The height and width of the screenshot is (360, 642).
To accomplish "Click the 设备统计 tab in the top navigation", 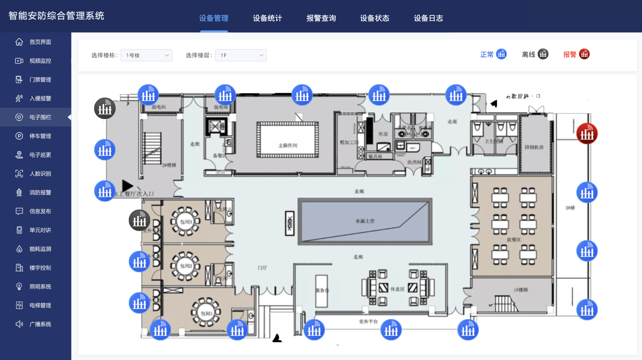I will tap(267, 18).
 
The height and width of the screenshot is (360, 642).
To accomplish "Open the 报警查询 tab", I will tap(321, 18).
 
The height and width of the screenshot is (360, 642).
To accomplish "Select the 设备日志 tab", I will tap(428, 18).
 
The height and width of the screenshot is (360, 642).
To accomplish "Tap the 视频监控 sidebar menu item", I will tap(40, 61).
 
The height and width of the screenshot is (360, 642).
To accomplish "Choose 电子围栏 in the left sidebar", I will tap(40, 117).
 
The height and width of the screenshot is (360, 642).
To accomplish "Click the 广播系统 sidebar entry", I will tap(40, 324).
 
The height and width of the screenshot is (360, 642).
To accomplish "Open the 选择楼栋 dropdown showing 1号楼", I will tap(146, 55).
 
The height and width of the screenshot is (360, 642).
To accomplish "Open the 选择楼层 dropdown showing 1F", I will tap(241, 55).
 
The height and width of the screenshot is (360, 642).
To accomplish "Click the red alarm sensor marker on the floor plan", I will tap(587, 134).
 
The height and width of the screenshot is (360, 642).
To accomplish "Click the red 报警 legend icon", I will tap(584, 54).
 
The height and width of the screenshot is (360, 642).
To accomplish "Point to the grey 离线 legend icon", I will tap(543, 54).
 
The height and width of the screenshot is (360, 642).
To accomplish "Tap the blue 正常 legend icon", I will tap(501, 54).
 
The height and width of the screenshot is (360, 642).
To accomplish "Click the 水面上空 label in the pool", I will tap(365, 221).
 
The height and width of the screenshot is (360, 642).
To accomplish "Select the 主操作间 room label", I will tap(288, 145).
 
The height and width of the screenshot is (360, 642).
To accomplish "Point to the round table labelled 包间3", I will tap(186, 221).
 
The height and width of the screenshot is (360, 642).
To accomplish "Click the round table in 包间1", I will tap(206, 312).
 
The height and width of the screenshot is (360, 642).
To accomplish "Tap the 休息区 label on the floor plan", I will tap(397, 289).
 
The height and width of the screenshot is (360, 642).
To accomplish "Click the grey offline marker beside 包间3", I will tap(139, 220).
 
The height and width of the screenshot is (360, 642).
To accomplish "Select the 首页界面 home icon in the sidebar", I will tap(19, 42).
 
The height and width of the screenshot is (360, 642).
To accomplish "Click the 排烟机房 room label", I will tap(534, 147).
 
